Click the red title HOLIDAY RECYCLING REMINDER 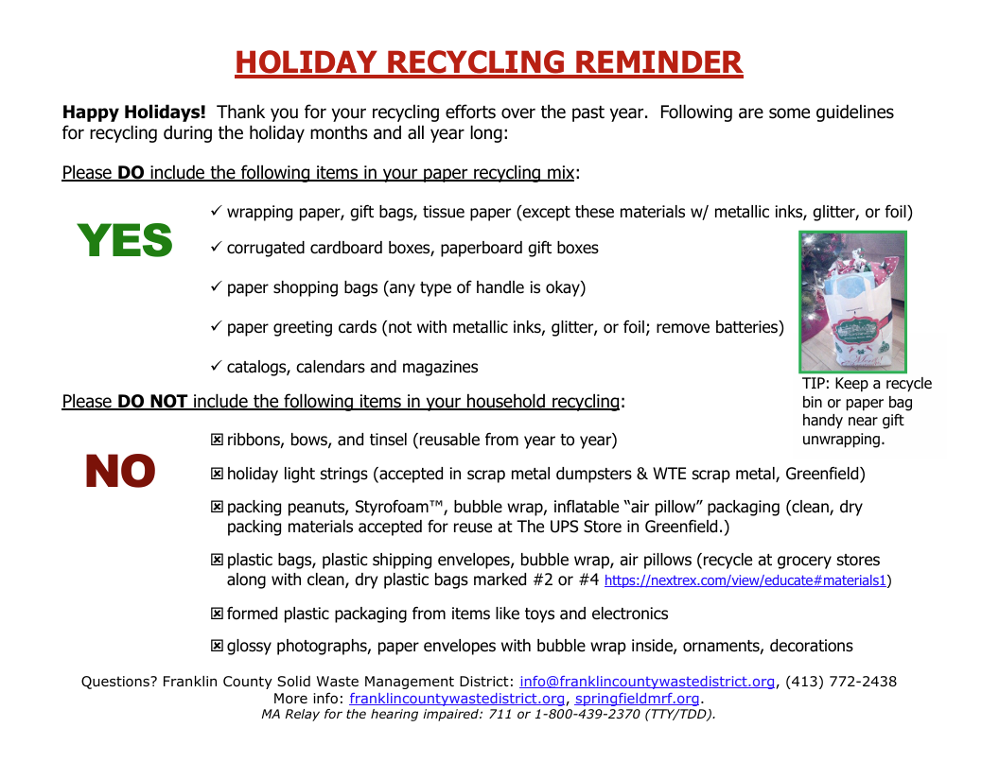489,62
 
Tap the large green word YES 125,241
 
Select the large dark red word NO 120,472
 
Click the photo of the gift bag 852,302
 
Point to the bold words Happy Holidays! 133,113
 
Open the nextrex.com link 745,580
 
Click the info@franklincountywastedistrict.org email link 647,682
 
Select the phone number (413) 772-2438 841,682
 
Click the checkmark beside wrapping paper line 216,212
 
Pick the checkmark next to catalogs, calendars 216,366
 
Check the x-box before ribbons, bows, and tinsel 217,441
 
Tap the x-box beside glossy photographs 217,647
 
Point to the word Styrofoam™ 386,508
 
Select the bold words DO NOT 152,402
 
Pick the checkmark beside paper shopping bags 216,286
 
